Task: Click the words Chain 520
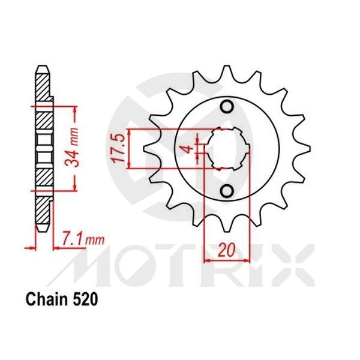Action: click(61, 296)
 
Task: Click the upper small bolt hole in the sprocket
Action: click(227, 107)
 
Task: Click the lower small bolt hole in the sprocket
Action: click(227, 191)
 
